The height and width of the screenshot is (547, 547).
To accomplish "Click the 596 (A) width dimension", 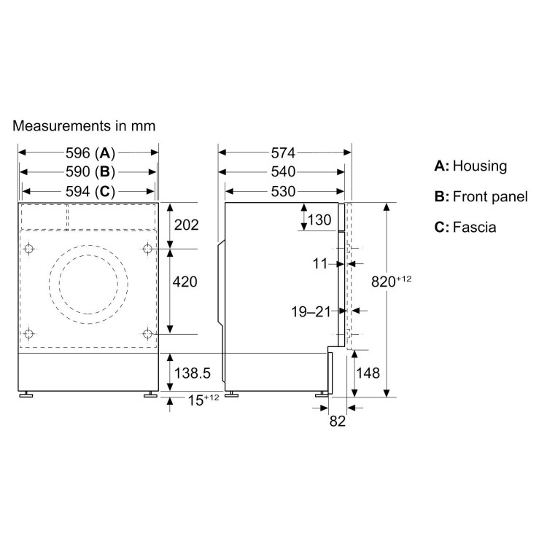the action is [x=90, y=153].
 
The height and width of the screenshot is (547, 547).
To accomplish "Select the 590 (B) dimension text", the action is [x=90, y=171].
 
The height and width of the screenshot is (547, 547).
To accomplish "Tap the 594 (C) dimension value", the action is [x=90, y=191].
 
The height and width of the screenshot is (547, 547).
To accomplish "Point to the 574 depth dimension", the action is [x=283, y=153].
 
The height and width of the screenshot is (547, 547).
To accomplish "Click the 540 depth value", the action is [x=283, y=171].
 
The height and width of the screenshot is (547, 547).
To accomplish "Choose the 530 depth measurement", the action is [x=283, y=191].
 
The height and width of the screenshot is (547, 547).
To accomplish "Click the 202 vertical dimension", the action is [x=186, y=225].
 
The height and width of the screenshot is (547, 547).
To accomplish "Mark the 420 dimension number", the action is [x=185, y=282].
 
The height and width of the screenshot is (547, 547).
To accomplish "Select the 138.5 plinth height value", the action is [x=193, y=373].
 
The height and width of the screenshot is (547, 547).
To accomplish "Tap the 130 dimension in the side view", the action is [x=319, y=220].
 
